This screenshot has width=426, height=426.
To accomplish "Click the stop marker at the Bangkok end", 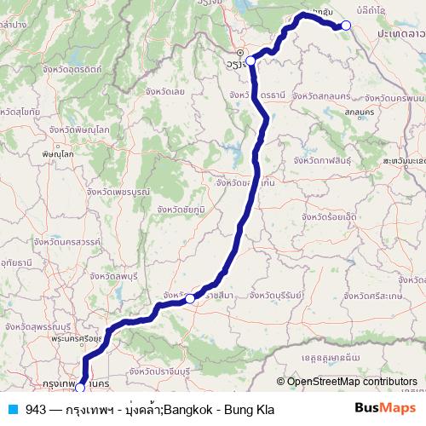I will tap(80, 388).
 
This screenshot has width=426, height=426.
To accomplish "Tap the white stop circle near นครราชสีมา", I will tap(191, 299).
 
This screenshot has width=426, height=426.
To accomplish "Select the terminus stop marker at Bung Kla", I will tap(346, 26).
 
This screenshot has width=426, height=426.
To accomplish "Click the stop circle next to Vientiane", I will tap(250, 60).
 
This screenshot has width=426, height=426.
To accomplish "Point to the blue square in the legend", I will tap(13, 409).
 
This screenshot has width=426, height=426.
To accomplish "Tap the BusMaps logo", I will tap(383, 409).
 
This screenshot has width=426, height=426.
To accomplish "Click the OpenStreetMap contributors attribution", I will tap(351, 382).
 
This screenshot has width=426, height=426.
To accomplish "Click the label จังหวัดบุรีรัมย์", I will tap(270, 294).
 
